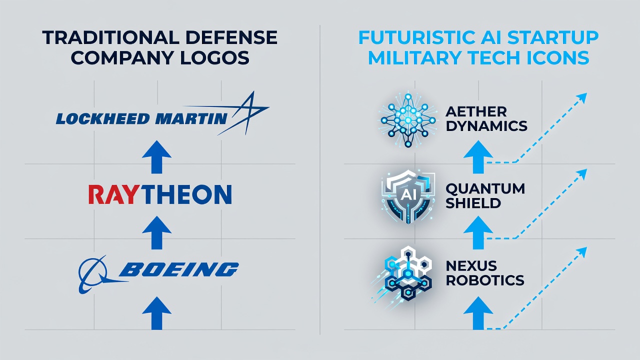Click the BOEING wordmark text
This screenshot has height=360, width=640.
pyautogui.click(x=178, y=269)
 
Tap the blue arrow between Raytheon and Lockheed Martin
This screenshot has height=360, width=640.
pyautogui.click(x=156, y=157)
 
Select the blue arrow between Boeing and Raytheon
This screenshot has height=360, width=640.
pyautogui.click(x=156, y=232)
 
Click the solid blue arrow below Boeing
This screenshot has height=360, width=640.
pyautogui.click(x=156, y=313)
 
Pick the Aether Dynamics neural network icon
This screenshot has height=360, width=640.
pyautogui.click(x=407, y=120)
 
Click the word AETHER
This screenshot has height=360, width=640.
pyautogui.click(x=476, y=111)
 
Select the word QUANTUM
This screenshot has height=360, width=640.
pyautogui.click(x=485, y=188)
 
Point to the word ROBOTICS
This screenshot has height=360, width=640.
pyautogui.click(x=485, y=280)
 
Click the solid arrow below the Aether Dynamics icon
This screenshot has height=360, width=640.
pyautogui.click(x=478, y=157)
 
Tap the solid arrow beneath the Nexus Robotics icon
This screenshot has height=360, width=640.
pyautogui.click(x=478, y=313)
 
